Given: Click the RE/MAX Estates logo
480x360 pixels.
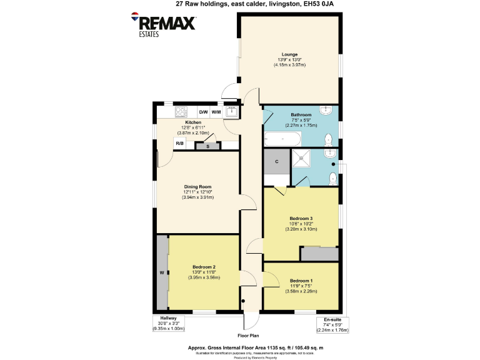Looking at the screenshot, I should click(x=164, y=24).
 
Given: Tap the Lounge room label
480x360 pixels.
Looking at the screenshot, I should click(x=289, y=54).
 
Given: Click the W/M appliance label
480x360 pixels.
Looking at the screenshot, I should click(x=216, y=112).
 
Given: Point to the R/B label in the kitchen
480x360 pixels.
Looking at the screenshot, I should click(x=179, y=144).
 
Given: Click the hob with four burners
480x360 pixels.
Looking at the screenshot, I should click(x=181, y=112).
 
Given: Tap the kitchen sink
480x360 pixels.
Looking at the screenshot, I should click(x=232, y=112).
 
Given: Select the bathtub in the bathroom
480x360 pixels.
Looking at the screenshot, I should click(x=282, y=138).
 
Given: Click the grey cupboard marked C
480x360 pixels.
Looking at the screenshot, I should click(x=276, y=162).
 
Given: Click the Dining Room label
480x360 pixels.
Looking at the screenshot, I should click(x=197, y=187).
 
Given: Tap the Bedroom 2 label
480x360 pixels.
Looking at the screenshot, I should click(x=204, y=267).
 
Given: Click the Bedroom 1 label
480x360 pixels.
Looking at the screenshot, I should click(x=301, y=281).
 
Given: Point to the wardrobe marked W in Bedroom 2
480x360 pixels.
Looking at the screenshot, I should click(x=162, y=272).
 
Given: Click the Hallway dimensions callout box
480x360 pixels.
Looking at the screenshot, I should click(x=169, y=324).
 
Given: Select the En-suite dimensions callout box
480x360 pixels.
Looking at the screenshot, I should click(x=332, y=324).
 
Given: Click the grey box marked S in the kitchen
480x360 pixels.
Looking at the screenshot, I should click(x=207, y=147).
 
